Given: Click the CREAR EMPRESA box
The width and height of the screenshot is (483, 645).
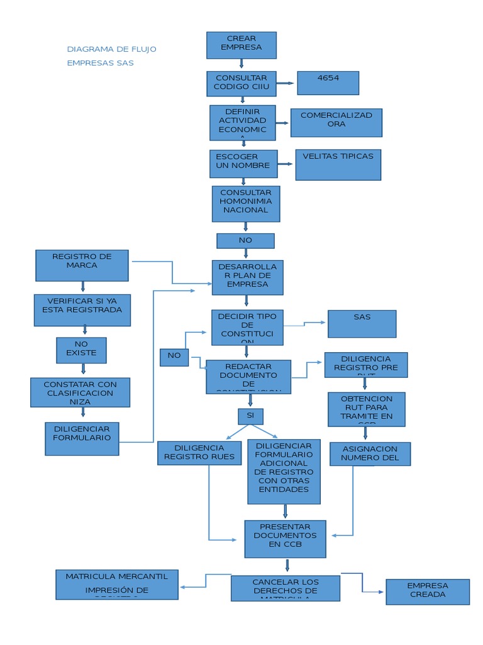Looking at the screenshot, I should [241, 45].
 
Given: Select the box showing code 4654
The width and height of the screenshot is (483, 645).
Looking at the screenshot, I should [328, 83].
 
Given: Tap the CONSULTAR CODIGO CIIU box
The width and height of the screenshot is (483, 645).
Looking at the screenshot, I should [241, 83].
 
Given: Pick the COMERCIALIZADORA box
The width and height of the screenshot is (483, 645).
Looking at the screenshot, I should [336, 123].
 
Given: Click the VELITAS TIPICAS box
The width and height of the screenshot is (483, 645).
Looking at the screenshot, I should [338, 164].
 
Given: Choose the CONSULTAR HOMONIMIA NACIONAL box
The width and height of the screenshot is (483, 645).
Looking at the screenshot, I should [246, 203].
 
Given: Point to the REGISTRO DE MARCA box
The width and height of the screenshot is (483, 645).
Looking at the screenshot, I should [82, 265].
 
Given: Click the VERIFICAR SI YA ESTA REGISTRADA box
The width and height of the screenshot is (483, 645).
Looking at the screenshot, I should [82, 310].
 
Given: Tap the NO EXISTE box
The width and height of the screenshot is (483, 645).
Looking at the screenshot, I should [81, 350].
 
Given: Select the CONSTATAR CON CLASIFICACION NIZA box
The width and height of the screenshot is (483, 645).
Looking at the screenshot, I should [80, 392].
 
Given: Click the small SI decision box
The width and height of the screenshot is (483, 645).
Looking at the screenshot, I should [250, 416].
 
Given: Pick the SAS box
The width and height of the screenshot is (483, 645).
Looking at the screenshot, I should [362, 324].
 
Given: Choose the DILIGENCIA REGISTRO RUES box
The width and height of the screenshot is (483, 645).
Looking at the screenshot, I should [199, 453].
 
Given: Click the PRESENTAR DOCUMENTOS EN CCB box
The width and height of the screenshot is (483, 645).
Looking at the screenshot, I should [285, 539].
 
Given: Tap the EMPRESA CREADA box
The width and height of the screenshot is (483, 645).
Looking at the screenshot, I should [428, 591].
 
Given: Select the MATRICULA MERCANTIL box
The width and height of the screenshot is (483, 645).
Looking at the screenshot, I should [117, 585].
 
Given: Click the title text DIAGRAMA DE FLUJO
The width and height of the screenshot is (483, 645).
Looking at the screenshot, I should [112, 49].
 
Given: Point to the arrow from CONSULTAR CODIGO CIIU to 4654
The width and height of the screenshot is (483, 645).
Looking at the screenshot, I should [286, 83].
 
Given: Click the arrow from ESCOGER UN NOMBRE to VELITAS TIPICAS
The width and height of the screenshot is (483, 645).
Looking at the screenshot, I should [286, 164].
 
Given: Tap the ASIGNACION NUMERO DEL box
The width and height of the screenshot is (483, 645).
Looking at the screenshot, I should [370, 454].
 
